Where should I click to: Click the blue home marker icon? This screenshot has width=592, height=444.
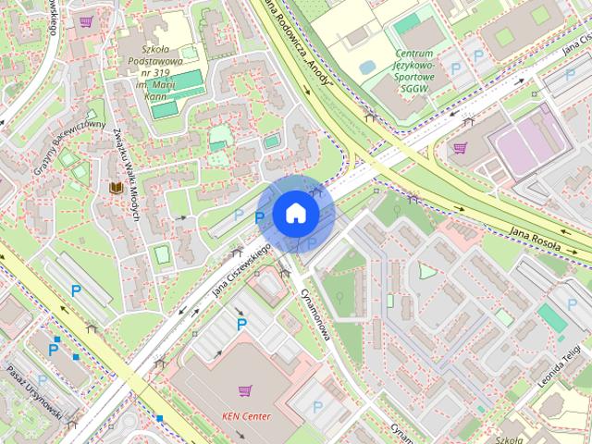coord(295,213)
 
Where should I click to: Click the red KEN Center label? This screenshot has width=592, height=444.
coord(246,416)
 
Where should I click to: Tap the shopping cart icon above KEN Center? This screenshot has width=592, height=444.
coord(245,391)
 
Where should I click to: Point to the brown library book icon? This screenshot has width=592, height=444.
coord(116,189)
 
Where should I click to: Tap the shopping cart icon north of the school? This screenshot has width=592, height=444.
coord(86,21)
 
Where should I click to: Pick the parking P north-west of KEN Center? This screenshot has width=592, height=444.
coord(241,324)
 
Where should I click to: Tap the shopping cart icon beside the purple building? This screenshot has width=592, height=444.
coord(460,147)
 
